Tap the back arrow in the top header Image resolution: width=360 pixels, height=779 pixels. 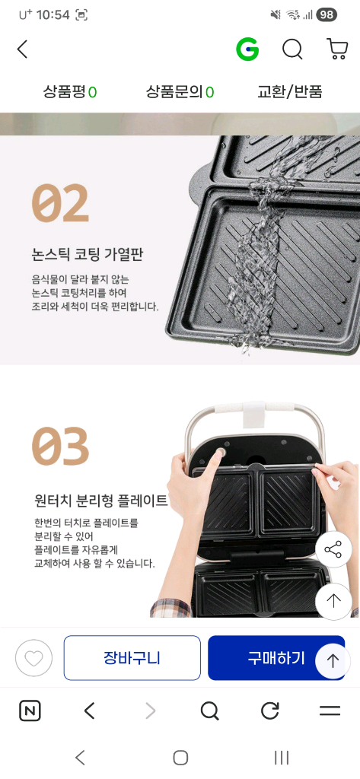pos(22,49)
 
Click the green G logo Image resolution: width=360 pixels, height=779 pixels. pos(247,49)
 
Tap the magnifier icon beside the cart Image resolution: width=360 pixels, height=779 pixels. pos(292,49)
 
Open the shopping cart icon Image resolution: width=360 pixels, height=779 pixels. pos(337,49)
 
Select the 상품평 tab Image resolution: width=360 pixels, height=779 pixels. pos(70,92)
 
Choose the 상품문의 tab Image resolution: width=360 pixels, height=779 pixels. pos(180,92)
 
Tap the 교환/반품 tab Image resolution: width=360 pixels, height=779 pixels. pos(290,92)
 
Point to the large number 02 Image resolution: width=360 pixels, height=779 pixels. pos(60,203)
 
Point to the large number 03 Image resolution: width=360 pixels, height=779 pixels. pos(60,447)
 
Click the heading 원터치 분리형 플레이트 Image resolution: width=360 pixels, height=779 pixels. pos(100,501)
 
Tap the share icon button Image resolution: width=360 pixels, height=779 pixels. pos(333,549)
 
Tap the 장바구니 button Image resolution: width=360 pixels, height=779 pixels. pos(132,658)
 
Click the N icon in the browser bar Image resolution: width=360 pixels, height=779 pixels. pos(30,711)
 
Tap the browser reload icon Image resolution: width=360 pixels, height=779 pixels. pos(270,711)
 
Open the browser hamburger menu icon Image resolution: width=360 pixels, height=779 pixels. pos(330,711)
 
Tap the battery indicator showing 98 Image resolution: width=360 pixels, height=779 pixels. pos(327,14)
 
